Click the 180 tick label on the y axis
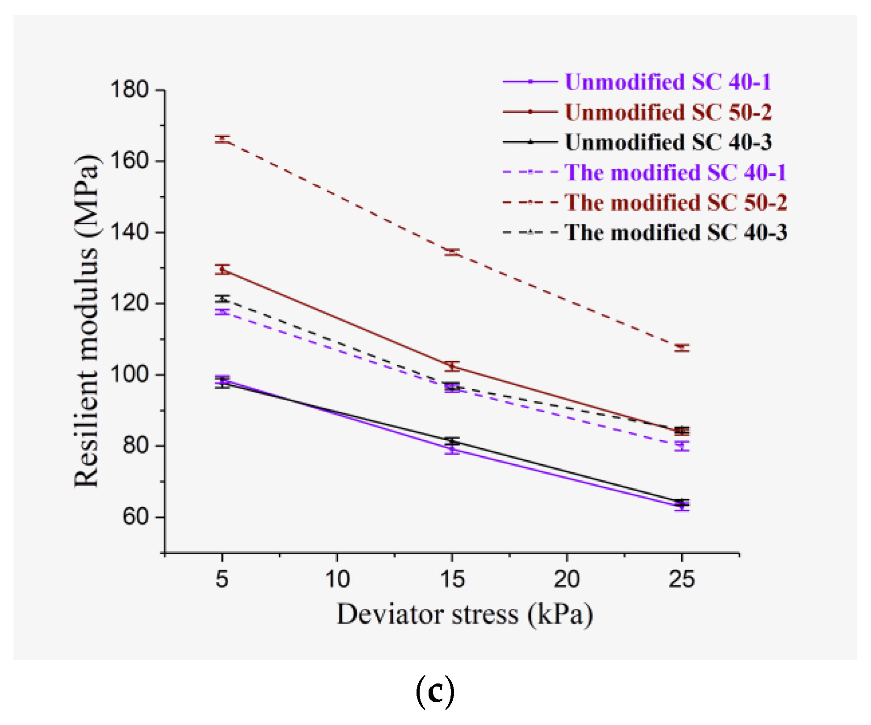(129, 89)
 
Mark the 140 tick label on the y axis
(129, 232)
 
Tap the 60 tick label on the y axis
(135, 517)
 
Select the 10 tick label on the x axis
(337, 579)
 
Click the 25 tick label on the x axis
(682, 579)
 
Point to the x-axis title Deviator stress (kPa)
(464, 615)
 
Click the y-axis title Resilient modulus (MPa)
(86, 321)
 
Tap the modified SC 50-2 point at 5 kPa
(222, 139)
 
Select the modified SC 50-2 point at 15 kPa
(452, 252)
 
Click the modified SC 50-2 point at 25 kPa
(682, 348)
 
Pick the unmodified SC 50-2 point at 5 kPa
(222, 269)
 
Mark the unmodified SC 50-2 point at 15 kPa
(452, 367)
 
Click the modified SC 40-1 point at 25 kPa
(682, 446)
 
